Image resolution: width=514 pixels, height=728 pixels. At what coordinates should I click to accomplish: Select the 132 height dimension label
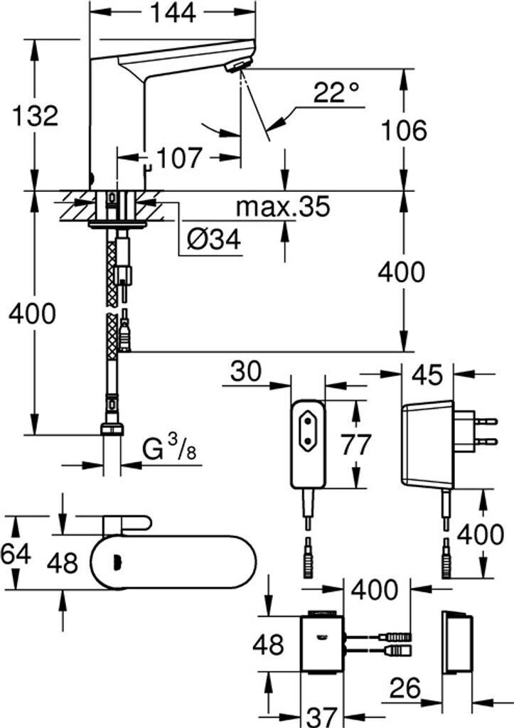coord(34,115)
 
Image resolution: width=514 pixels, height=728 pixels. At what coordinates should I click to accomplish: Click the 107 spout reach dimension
coord(179,158)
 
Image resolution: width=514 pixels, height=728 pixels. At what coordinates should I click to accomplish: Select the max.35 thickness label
coord(283,207)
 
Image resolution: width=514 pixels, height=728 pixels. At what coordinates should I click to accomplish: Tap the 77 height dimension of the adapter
coord(355,444)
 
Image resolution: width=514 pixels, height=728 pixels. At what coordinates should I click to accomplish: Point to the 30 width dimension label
coord(246,370)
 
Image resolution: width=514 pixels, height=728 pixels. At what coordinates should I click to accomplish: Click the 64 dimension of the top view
coord(16,552)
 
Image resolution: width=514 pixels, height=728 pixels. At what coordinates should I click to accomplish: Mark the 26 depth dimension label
coord(405,688)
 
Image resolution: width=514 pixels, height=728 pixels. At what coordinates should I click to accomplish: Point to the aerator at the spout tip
coord(237,66)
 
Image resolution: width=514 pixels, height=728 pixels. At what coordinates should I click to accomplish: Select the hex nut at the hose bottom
coord(112,429)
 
